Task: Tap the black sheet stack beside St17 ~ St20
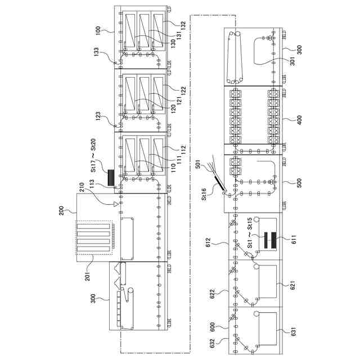111,177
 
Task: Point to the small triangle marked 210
115,204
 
